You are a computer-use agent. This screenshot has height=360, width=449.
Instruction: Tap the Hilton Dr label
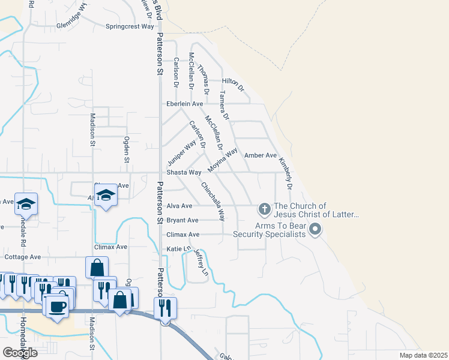[234, 84]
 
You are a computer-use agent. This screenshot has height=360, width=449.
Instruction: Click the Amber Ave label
[261, 155]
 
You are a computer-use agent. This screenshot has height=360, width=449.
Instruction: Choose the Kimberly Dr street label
[285, 173]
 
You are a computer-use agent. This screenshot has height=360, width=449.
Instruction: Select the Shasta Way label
[183, 172]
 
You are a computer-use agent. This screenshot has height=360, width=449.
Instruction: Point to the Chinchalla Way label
[212, 201]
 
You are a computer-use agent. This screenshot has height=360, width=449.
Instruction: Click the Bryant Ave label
[182, 220]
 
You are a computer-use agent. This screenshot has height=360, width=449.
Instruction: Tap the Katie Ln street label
[178, 248]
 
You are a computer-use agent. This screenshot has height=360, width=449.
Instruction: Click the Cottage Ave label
[23, 257]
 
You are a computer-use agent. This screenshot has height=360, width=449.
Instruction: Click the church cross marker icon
[264, 209]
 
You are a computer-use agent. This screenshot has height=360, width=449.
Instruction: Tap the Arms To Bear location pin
[315, 229]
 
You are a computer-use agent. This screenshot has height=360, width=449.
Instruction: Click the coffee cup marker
[58, 307]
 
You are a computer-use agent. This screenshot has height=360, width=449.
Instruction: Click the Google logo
[19, 353]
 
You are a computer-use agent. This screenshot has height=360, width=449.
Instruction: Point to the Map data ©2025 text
[423, 355]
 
